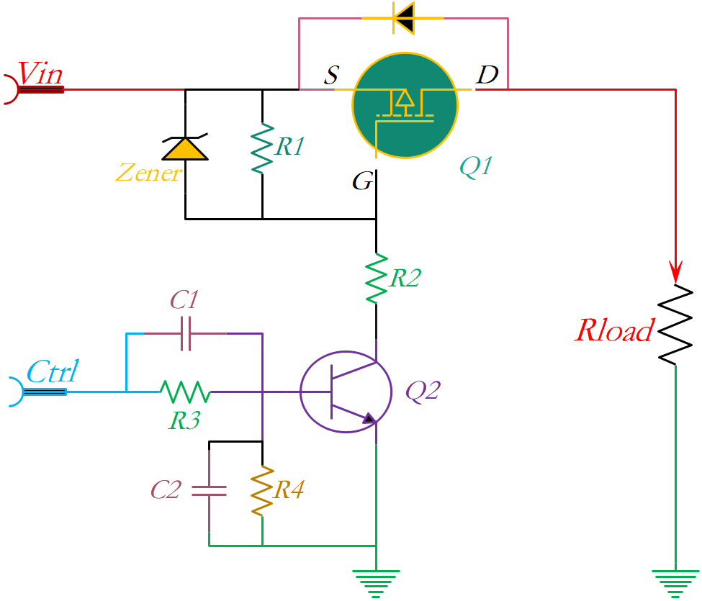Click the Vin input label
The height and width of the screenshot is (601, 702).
pyautogui.click(x=40, y=73)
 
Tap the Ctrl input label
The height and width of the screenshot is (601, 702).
pyautogui.click(x=52, y=374)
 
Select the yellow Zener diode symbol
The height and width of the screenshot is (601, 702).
pyautogui.click(x=185, y=148)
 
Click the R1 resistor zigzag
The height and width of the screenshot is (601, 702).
pyautogui.click(x=262, y=148)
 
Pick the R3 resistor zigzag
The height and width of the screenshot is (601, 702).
pyautogui.click(x=185, y=392)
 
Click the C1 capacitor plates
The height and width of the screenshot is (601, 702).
pyautogui.click(x=185, y=333)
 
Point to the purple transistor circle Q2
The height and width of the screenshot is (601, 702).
pyautogui.click(x=346, y=392)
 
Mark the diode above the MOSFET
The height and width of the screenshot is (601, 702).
pyautogui.click(x=403, y=18)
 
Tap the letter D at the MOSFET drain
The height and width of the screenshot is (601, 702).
pyautogui.click(x=487, y=75)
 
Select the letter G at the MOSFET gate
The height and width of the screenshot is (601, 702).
pyautogui.click(x=362, y=182)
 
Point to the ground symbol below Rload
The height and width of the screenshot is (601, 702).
pyautogui.click(x=675, y=582)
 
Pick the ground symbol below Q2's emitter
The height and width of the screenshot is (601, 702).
pyautogui.click(x=376, y=582)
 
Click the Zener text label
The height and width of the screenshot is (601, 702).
pyautogui.click(x=148, y=173)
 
